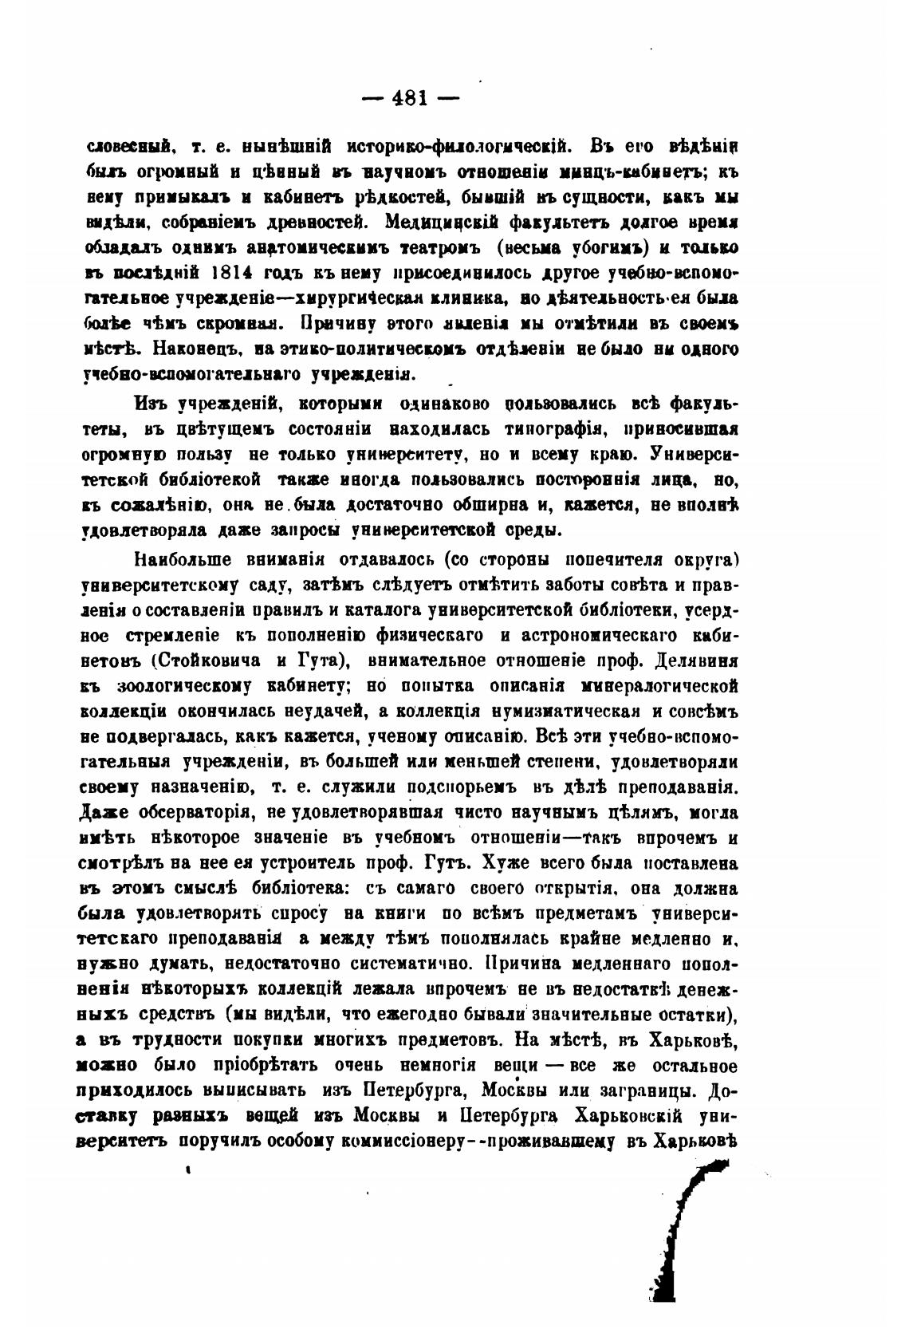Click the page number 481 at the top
click(x=411, y=99)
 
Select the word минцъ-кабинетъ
click(x=631, y=171)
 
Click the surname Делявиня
click(x=693, y=661)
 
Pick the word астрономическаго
click(x=601, y=635)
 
